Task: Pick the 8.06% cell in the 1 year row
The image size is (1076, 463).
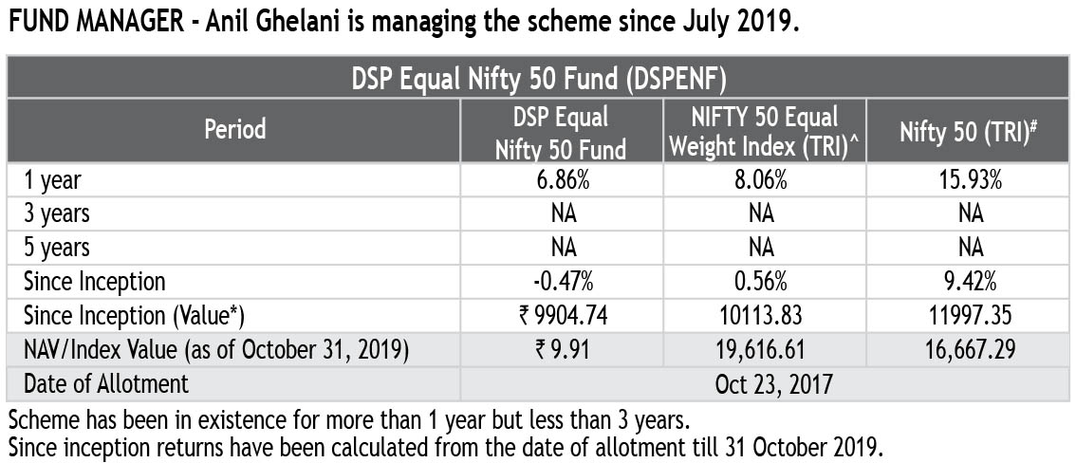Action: click(761, 179)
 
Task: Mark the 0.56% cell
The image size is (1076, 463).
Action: click(761, 281)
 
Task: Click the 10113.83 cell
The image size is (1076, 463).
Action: click(761, 316)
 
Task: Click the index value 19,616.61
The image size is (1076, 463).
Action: click(761, 350)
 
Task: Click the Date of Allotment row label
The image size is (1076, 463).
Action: click(106, 384)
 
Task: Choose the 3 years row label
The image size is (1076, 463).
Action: click(58, 213)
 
